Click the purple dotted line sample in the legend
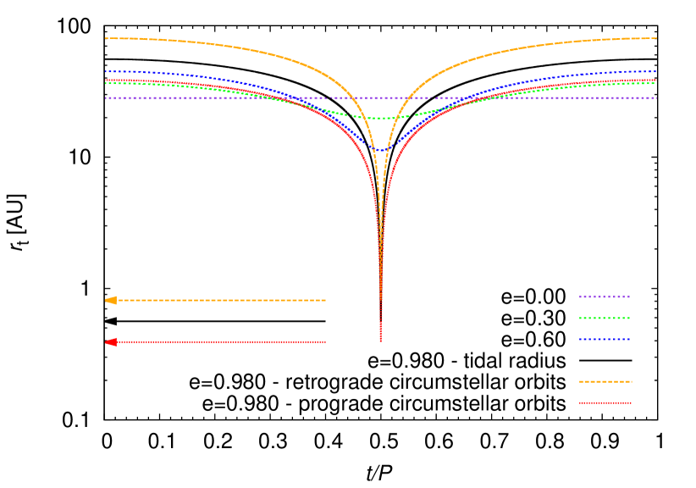tap(605, 297)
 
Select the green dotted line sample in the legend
tap(605, 318)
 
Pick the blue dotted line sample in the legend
tap(605, 339)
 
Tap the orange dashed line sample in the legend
tap(605, 381)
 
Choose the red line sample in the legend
tap(605, 402)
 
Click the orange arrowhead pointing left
tap(110, 300)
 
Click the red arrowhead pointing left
tap(110, 342)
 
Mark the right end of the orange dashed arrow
tap(326, 300)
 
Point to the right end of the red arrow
tap(326, 342)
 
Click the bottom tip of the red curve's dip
tap(380, 341)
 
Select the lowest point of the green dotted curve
tap(380, 119)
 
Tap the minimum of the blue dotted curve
tap(380, 150)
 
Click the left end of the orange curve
tap(105, 38)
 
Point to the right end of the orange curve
tap(656, 38)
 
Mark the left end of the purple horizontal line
tap(105, 98)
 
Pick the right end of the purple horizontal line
tap(656, 98)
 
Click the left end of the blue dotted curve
tap(105, 71)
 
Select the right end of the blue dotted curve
tap(656, 71)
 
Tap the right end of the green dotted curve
tap(656, 83)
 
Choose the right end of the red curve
tap(656, 80)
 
